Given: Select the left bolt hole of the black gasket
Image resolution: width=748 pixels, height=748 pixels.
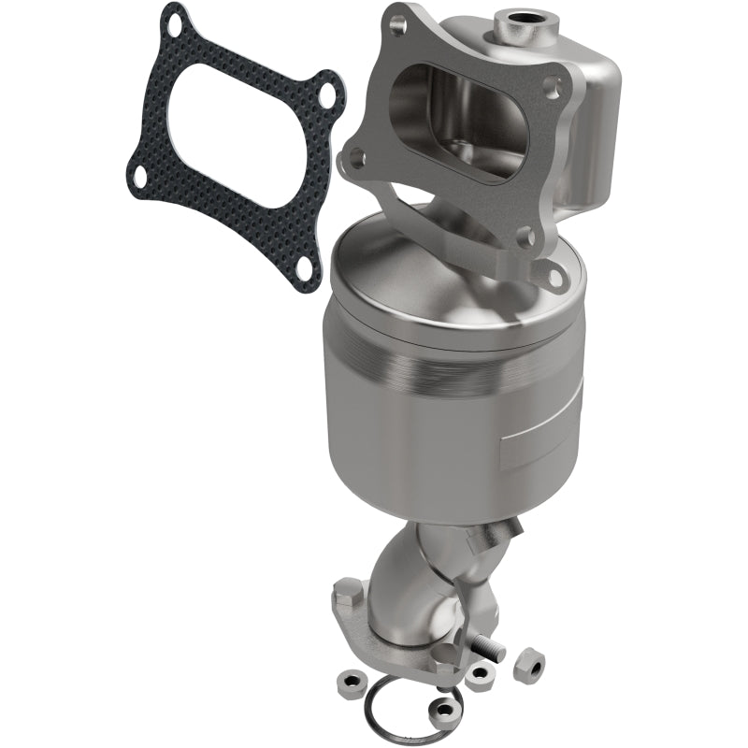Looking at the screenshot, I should tap(139, 178).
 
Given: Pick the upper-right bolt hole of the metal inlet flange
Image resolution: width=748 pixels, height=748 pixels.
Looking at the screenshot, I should tap(554, 90).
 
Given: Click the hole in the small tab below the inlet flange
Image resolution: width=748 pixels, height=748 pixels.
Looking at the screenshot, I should tap(555, 275).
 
